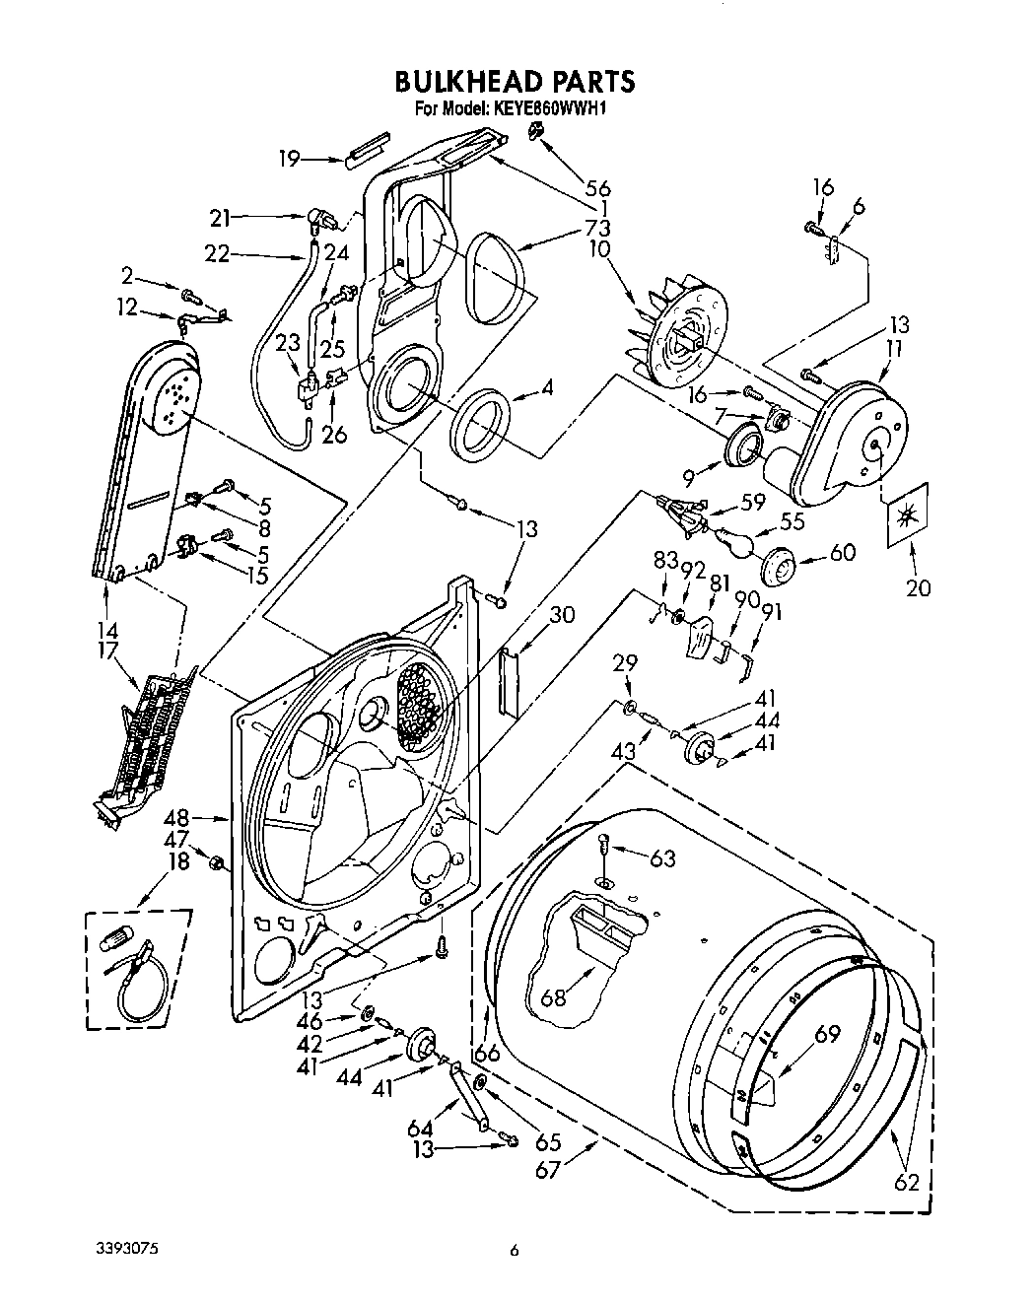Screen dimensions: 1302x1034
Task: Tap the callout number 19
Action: coord(288,158)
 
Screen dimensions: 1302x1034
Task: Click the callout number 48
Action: coord(204,817)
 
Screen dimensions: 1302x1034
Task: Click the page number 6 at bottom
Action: coord(514,1251)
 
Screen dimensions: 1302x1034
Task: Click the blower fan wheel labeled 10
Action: coord(680,336)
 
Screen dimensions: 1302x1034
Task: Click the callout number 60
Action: coord(842,552)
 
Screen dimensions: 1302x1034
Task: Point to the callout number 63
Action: coord(662,859)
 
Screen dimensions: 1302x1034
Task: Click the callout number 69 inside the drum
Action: coord(827,1034)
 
